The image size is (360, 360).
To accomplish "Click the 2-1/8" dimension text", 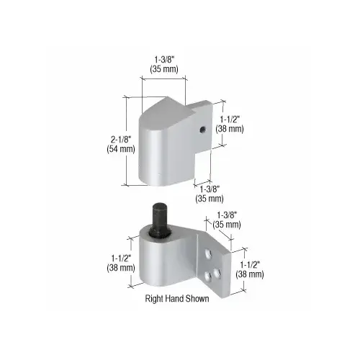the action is (x=121, y=139).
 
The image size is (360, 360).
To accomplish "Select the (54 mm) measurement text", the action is (x=121, y=149).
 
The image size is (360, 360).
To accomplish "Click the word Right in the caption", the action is (x=153, y=299).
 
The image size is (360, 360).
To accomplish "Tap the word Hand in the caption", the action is (x=172, y=299).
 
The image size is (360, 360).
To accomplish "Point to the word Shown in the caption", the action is (x=195, y=299).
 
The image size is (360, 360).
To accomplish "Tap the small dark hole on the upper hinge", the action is (x=203, y=130).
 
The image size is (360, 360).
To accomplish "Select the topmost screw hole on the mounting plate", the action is (x=208, y=254).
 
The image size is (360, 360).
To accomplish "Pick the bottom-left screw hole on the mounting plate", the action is (x=208, y=276).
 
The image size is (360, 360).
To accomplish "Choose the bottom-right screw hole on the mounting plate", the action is (x=217, y=273).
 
